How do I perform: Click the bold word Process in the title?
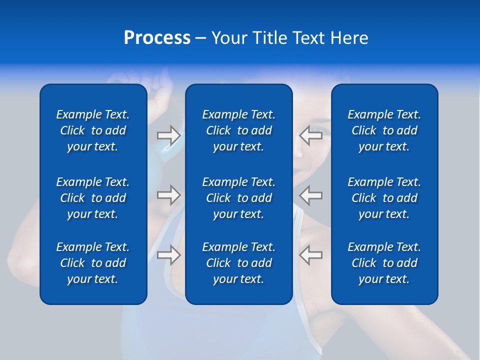pos(157,38)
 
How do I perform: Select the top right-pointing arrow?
pos(168,135)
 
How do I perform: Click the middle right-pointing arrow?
pos(168,194)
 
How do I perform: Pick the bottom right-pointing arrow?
pos(168,255)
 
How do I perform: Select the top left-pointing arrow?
pos(311,135)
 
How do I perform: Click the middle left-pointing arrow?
pos(311,194)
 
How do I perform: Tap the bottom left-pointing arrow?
pos(311,255)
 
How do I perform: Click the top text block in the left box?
pos(93,130)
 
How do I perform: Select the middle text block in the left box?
pos(93,197)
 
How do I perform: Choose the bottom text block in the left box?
pos(93,263)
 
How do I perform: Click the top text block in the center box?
pos(238,130)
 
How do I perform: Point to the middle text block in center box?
pos(238,197)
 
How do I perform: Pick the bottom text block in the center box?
pos(238,263)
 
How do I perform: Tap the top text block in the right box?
pos(384,130)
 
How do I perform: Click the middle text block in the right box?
pos(384,197)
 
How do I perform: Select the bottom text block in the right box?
pos(384,263)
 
